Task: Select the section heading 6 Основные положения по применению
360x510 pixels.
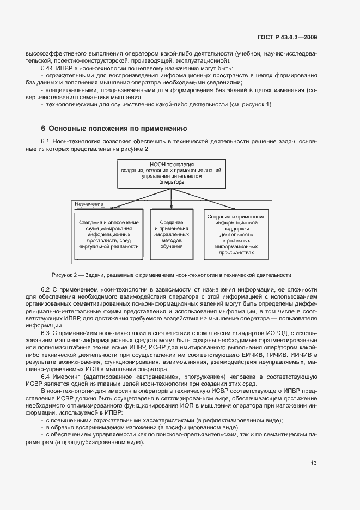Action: tap(114, 129)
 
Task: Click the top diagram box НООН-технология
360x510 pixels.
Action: tap(172, 173)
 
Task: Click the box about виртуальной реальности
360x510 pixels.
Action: tap(108, 234)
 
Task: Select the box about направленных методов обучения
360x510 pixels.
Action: tap(172, 234)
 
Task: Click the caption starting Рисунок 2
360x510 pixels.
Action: tap(172, 275)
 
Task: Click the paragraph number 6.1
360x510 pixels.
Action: tap(46, 142)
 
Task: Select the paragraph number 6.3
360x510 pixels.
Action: tap(46, 332)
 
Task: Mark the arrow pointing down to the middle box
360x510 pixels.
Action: tap(172, 201)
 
